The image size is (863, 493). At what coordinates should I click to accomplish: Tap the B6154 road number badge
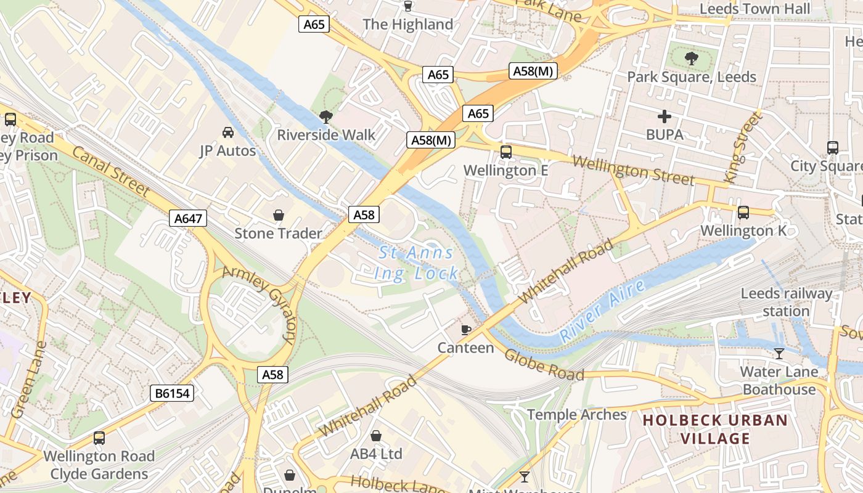click(172, 393)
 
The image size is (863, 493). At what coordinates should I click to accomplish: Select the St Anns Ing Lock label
click(417, 263)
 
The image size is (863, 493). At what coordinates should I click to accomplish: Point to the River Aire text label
click(602, 311)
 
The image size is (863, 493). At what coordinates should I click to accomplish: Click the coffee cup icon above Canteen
click(466, 330)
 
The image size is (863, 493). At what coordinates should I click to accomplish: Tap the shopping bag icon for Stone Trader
click(279, 215)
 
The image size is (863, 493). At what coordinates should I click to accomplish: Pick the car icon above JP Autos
click(227, 132)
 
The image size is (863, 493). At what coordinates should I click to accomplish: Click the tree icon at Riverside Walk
click(326, 116)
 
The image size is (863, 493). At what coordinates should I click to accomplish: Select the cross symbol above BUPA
click(664, 116)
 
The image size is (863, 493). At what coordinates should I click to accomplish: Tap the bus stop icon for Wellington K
click(743, 213)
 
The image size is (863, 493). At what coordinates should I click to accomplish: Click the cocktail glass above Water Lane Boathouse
click(779, 354)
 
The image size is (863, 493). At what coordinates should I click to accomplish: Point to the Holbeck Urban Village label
click(715, 430)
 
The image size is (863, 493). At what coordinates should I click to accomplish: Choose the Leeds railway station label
click(786, 302)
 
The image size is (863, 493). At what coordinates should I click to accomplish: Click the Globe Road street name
click(544, 365)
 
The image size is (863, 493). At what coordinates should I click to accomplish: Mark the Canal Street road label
click(110, 171)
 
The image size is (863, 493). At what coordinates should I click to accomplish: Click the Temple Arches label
click(576, 415)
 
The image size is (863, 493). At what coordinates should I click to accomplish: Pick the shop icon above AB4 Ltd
click(376, 436)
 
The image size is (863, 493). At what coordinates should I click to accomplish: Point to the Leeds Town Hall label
click(755, 9)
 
